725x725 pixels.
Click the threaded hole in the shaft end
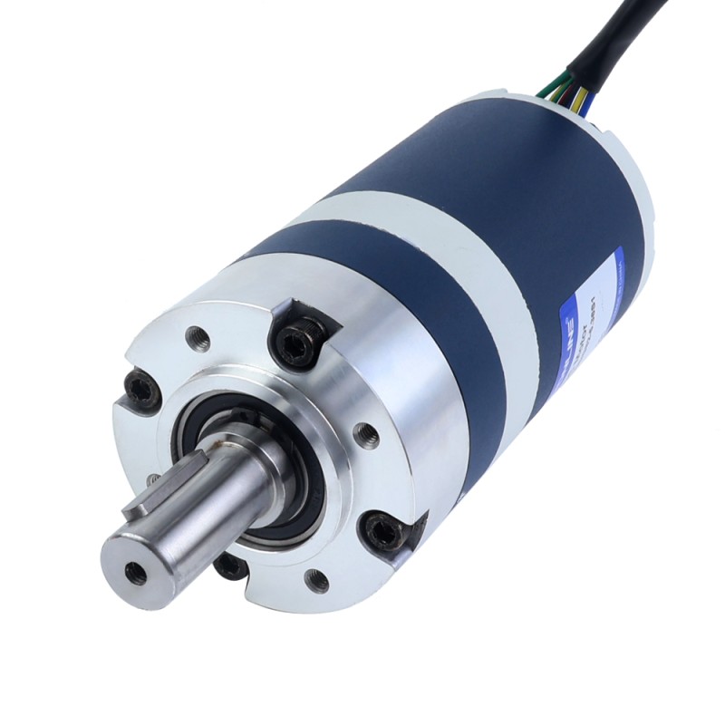click(136, 573)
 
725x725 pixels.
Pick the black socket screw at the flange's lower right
click(383, 530)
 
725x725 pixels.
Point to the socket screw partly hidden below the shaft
click(230, 567)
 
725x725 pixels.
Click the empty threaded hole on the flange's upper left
click(198, 339)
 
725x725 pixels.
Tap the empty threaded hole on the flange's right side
click(365, 434)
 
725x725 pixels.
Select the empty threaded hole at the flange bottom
click(316, 581)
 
